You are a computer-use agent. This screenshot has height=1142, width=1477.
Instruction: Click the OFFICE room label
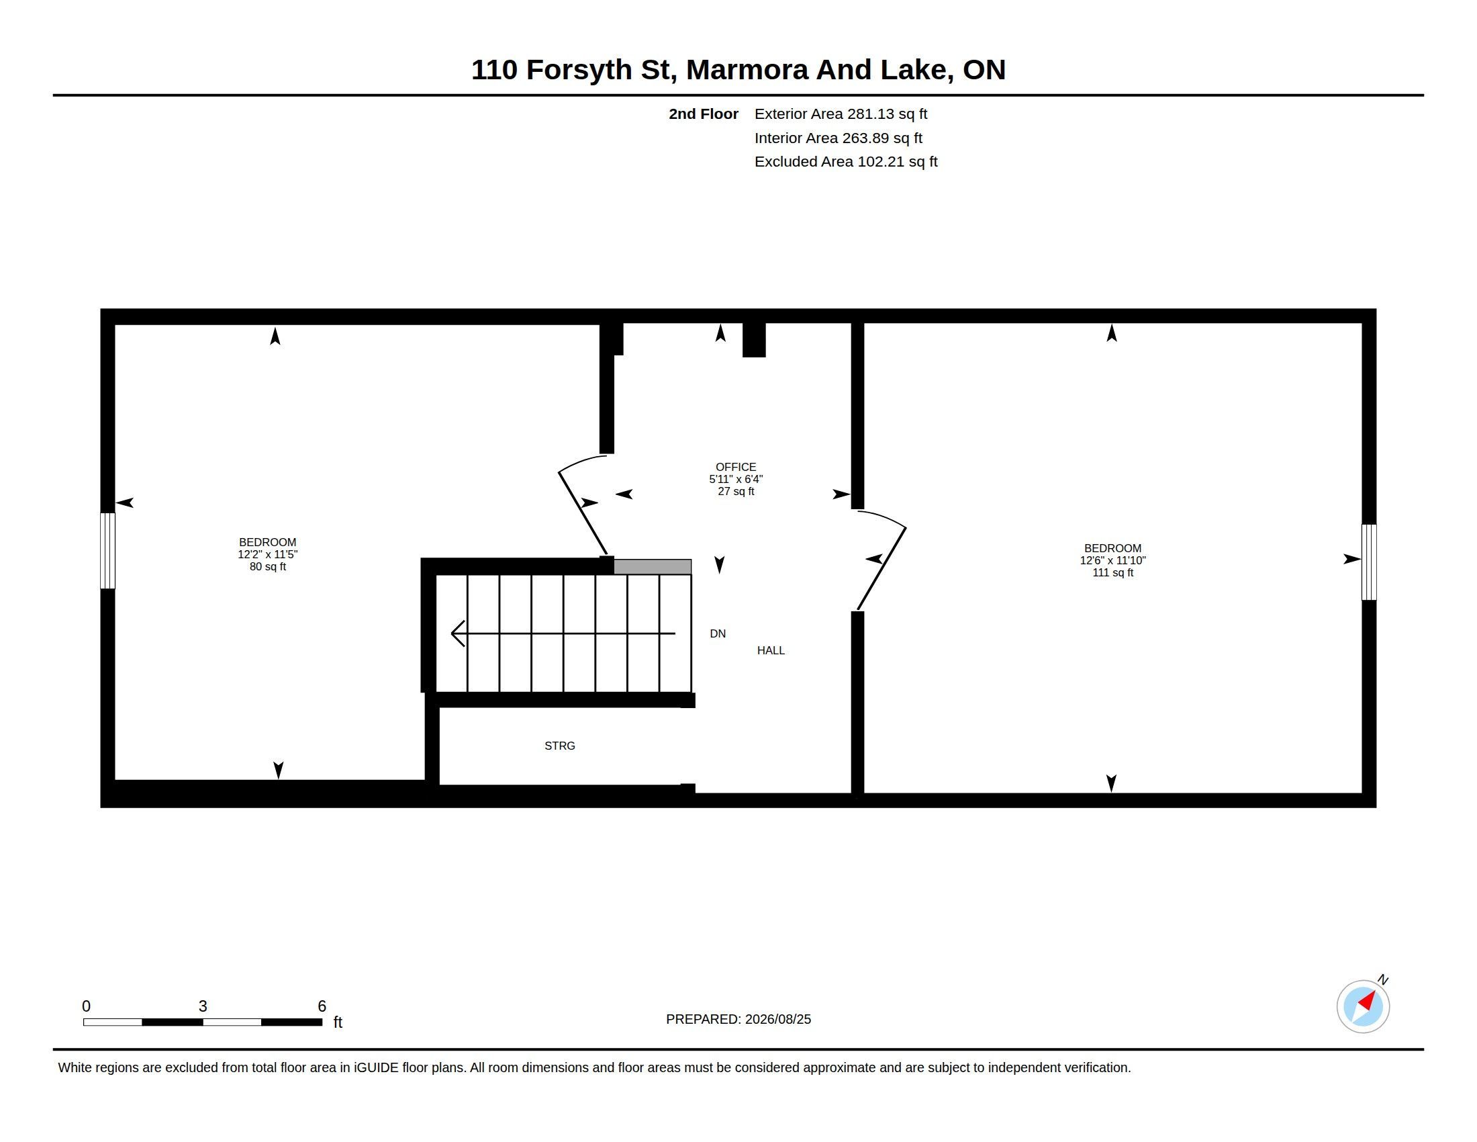[x=736, y=467]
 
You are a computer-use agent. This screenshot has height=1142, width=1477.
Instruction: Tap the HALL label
[x=771, y=650]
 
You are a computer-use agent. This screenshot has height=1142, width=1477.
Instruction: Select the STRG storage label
[x=560, y=746]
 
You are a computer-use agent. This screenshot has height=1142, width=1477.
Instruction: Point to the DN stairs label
[x=718, y=633]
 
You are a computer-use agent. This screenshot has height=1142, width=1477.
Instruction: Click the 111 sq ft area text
[x=1112, y=572]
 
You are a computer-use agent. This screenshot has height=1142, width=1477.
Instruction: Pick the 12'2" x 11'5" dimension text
[x=268, y=554]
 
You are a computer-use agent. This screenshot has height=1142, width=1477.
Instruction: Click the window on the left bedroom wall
[x=107, y=551]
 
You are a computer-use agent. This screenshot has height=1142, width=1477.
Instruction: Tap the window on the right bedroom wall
[x=1369, y=562]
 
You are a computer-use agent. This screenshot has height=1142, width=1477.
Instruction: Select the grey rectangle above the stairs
[x=653, y=567]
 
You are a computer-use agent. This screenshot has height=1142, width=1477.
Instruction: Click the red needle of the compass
[x=1367, y=1001]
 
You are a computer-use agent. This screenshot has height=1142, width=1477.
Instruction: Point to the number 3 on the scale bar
[x=203, y=1006]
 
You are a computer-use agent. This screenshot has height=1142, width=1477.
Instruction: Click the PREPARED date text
[x=738, y=1019]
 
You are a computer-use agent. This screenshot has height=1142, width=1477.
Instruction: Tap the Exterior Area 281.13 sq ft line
[x=841, y=114]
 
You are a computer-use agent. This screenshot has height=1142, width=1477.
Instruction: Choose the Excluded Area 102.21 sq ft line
[x=846, y=162]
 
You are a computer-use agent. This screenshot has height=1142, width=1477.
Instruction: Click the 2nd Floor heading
[x=704, y=114]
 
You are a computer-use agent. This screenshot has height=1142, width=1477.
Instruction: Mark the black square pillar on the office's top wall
[x=754, y=340]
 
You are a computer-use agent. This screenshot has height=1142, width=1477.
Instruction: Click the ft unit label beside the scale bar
[x=338, y=1022]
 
